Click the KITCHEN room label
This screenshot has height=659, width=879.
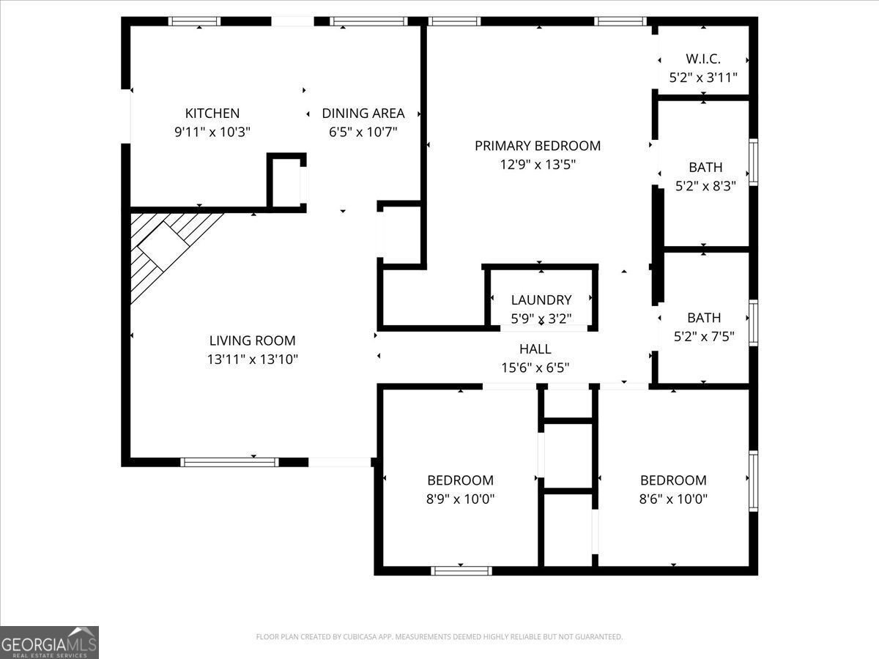(212, 113)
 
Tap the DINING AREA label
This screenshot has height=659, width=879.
(363, 113)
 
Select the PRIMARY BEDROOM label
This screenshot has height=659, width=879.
(538, 146)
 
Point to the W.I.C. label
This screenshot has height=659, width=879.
(703, 59)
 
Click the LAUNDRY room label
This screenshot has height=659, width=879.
(541, 299)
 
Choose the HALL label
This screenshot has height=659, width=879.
(535, 349)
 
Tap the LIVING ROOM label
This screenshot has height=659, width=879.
(253, 340)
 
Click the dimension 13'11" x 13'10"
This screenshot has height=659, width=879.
(253, 360)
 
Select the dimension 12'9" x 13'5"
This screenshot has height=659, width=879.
(538, 165)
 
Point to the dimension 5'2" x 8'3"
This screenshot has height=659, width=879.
(705, 186)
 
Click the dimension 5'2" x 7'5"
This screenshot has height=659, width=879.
(704, 337)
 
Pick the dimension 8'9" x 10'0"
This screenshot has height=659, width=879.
(461, 499)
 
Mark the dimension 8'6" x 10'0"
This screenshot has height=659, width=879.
(673, 499)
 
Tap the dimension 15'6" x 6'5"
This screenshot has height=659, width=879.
(535, 368)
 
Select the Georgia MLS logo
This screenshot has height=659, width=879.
(49, 642)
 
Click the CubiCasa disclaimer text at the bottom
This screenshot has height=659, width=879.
(439, 637)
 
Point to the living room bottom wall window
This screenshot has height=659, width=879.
(229, 462)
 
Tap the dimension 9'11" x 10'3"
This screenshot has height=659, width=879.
(212, 133)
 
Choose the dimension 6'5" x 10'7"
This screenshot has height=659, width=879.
(363, 133)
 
